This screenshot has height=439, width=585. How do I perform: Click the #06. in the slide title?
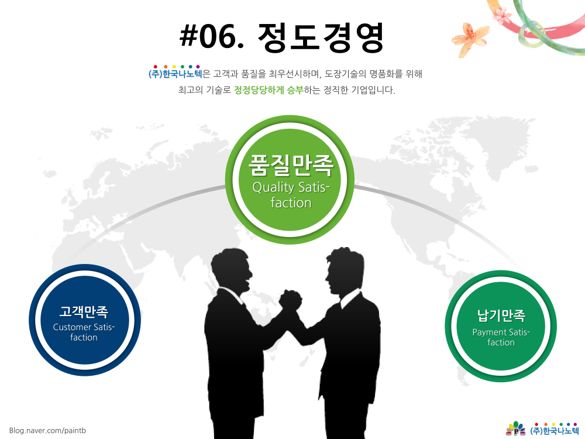pos(212,36)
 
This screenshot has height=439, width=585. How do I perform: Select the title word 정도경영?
pos(321,36)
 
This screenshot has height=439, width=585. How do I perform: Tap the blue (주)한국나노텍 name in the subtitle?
pos(175,73)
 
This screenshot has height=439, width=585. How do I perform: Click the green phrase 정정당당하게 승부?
pos(269,90)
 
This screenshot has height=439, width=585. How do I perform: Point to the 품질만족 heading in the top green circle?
pos(291,164)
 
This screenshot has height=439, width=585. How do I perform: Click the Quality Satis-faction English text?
pos(291,194)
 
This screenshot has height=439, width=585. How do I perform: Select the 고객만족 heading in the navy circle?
pos(84,311)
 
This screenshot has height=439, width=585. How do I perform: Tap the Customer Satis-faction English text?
pos(84,332)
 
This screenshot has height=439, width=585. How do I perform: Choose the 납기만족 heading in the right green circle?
pos(501,316)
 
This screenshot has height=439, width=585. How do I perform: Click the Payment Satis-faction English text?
pos(501,337)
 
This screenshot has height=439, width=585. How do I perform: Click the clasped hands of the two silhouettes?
pos(290,299)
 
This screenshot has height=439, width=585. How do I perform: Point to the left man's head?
pos(231,269)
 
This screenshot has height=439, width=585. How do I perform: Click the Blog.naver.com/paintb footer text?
pos(47,430)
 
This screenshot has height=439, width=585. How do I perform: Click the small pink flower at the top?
pos(502,16)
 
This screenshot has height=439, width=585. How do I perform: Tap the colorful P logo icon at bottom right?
pos(515,428)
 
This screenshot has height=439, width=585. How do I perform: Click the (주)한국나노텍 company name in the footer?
pos(555,430)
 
